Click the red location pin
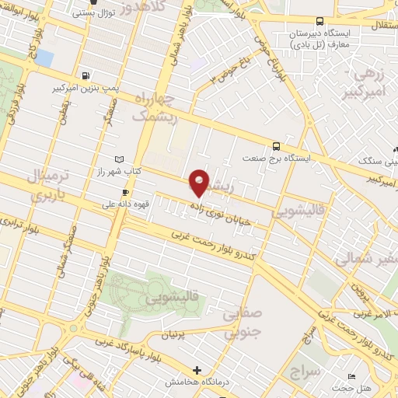[x=200, y=183]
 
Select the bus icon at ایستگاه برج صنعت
[x=276, y=145]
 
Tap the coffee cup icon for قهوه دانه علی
[x=125, y=192]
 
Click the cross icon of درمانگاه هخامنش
[x=198, y=370]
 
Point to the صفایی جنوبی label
[x=242, y=323]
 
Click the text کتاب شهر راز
[x=118, y=170]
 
